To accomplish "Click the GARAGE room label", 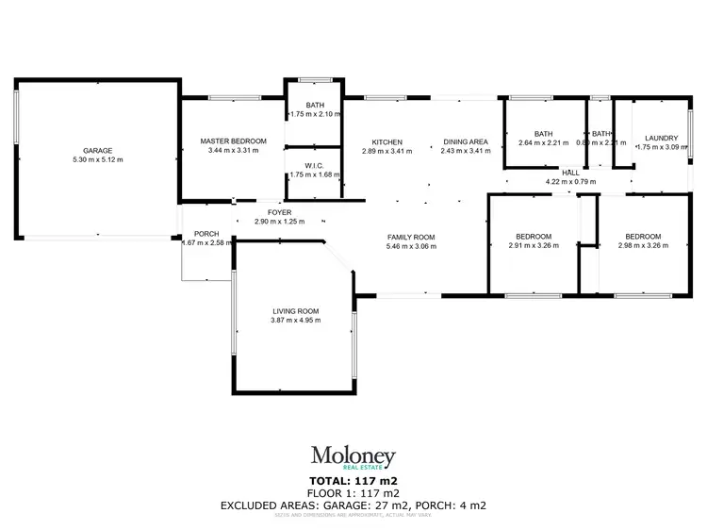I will point(97,151).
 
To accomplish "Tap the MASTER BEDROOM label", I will point(234,141).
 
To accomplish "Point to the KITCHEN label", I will point(386,141).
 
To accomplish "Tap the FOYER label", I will point(280,211).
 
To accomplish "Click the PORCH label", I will point(206,234).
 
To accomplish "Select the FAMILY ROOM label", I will point(410,237).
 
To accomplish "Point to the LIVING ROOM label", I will point(296,311).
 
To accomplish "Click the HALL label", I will point(570,172).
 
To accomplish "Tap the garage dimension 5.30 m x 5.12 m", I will point(97,160).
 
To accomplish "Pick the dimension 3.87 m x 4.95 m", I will point(296,321).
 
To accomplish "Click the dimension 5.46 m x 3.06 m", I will point(410,246).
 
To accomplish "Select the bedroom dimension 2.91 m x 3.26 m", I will point(533,245).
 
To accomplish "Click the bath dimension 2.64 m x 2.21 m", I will point(543,143).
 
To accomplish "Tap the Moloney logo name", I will point(353,456).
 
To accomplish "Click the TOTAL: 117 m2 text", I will point(353,481).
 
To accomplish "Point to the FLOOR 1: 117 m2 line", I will point(353,493).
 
